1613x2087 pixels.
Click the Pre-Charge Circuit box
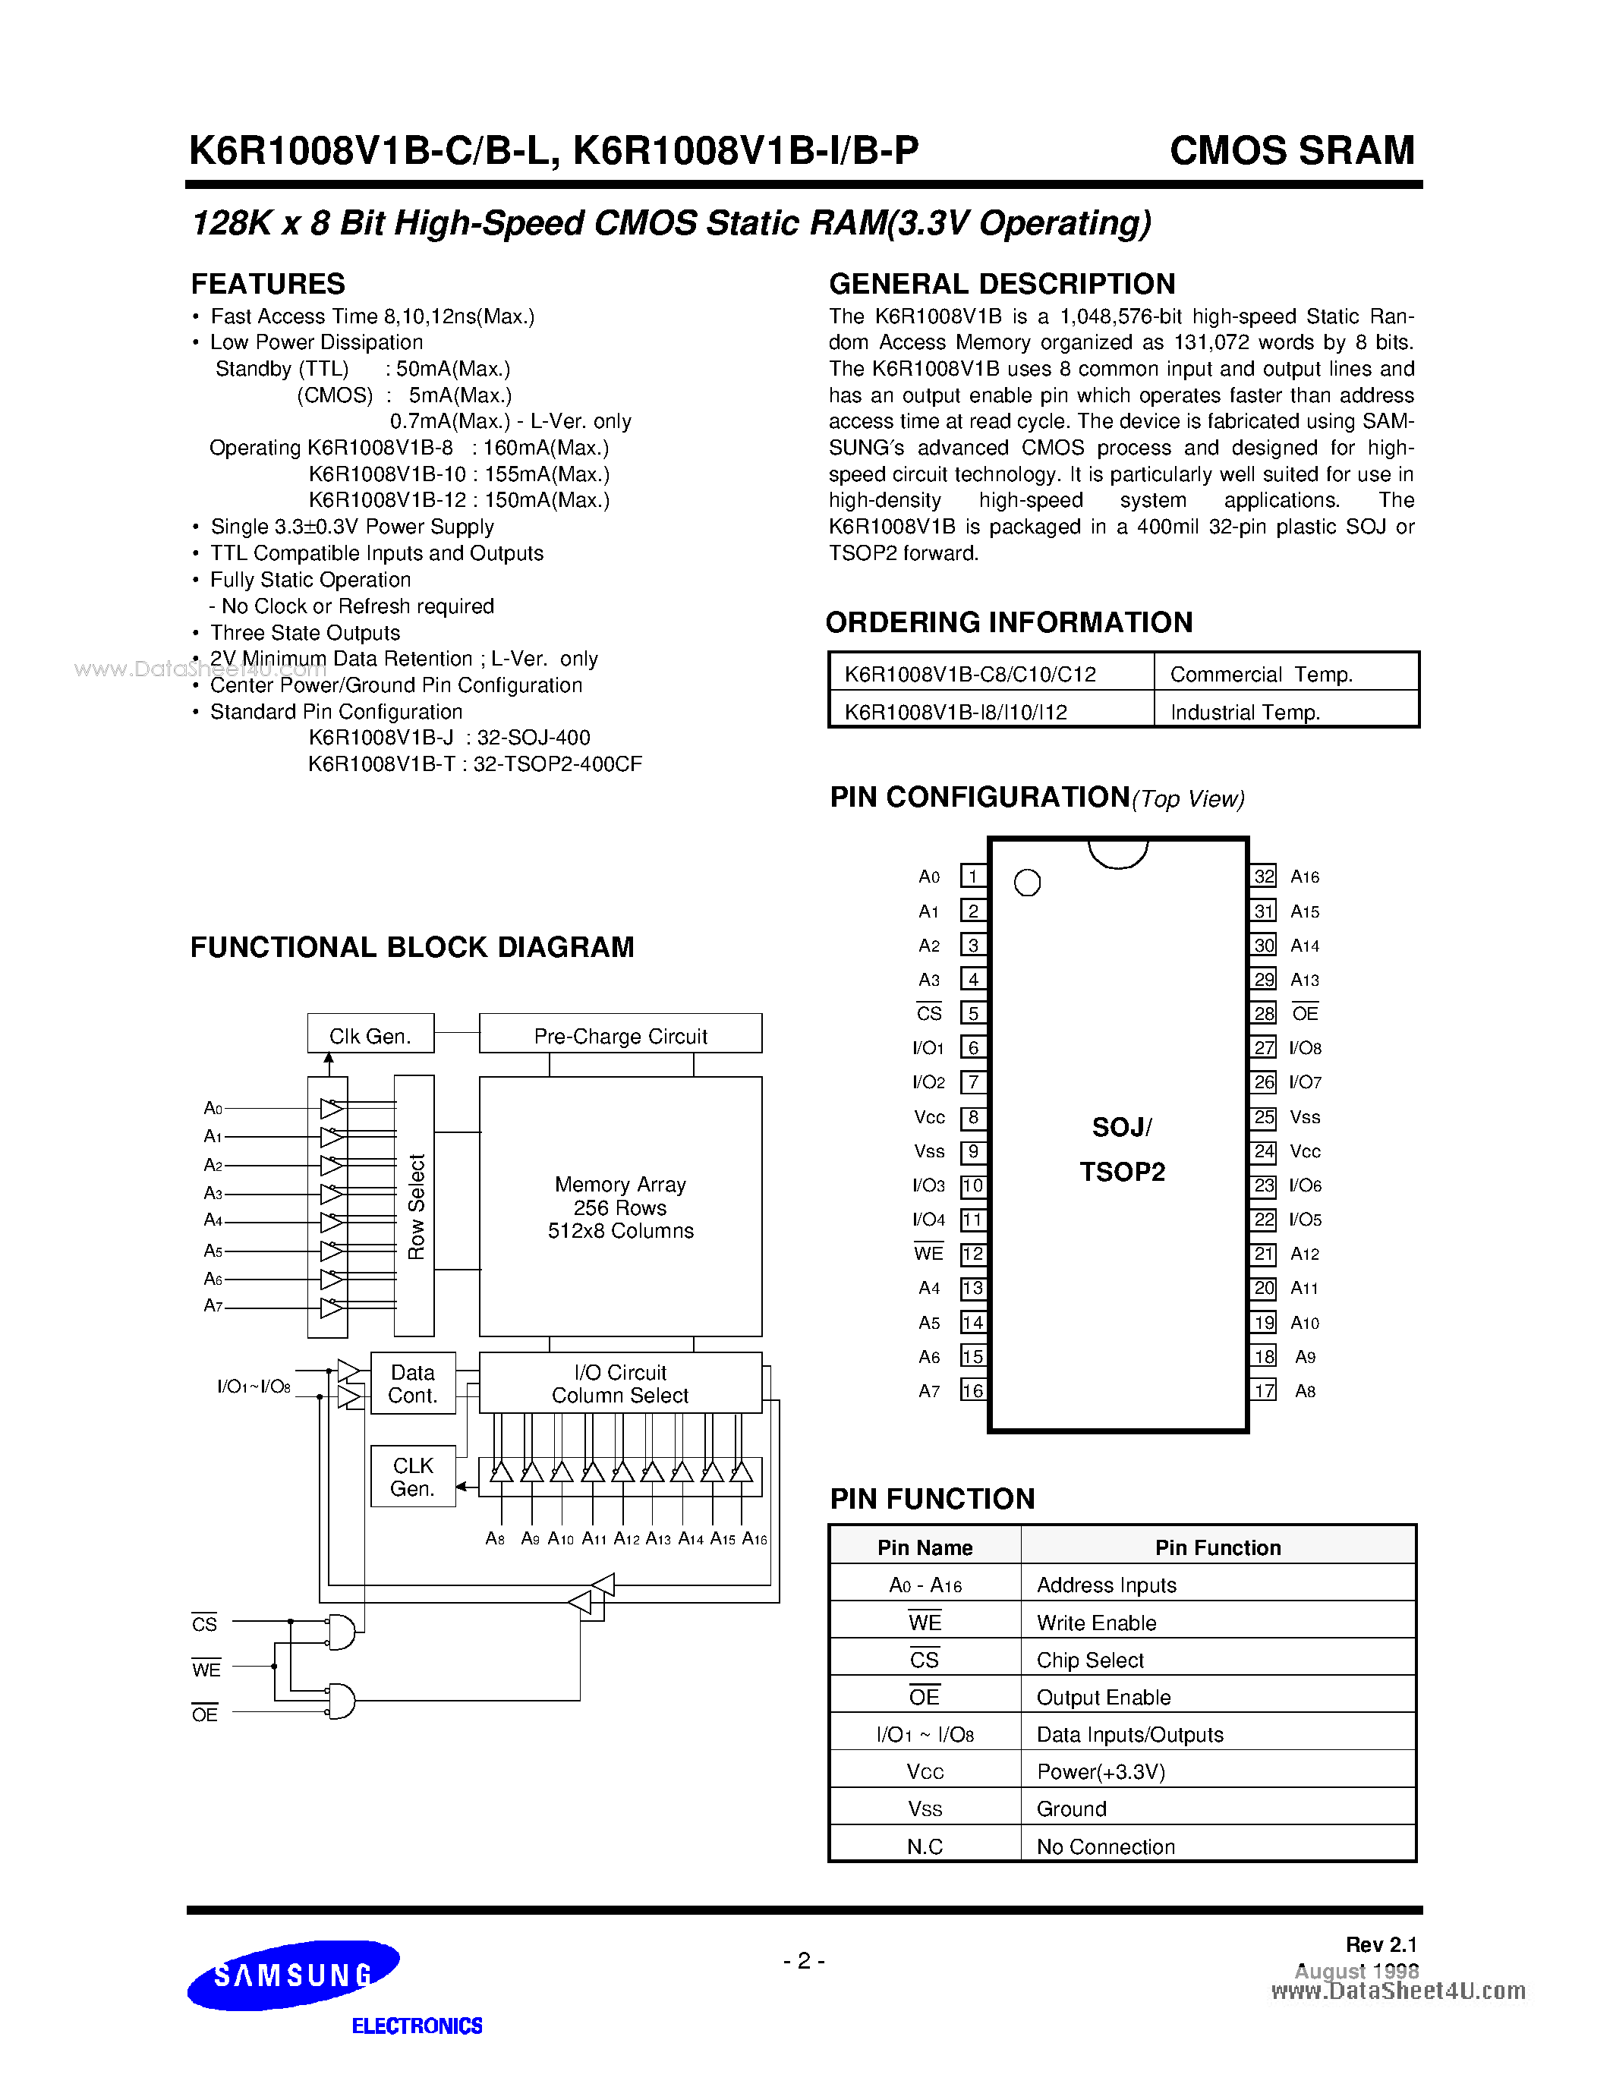620,1035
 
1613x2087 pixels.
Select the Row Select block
414,1206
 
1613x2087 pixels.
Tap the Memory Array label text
620,1185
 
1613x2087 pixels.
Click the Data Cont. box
413,1383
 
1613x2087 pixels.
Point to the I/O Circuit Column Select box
620,1383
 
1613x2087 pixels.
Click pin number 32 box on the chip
1263,877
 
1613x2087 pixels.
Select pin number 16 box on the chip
973,1390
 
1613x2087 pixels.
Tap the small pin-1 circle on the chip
1027,883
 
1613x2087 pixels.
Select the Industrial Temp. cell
1244,712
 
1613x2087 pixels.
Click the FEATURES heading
267,284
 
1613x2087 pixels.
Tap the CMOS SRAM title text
1291,151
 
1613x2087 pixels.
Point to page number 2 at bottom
804,1961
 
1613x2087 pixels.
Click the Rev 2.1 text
1381,1944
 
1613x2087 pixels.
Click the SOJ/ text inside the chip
1121,1128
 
